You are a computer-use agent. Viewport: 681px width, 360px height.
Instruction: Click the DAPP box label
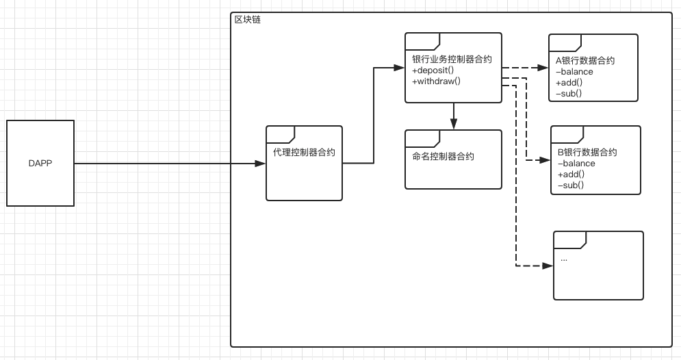coord(40,164)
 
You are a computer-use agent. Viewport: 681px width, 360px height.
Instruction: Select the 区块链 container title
coord(248,20)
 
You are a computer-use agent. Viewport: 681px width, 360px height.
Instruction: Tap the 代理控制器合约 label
coord(304,153)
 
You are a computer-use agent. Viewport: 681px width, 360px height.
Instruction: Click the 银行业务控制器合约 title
coord(452,59)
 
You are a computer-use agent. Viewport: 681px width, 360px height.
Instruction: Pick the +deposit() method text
coord(433,70)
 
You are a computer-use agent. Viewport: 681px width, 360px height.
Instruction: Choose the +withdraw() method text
coord(437,81)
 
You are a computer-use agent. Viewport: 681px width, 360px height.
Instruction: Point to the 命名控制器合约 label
coord(443,156)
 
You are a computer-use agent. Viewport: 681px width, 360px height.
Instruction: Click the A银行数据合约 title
coord(585,60)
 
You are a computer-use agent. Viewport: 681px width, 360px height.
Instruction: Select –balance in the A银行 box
coord(574,72)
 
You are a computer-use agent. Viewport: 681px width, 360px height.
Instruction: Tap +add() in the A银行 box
coord(569,83)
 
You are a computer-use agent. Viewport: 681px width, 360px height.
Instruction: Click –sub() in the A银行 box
coord(569,93)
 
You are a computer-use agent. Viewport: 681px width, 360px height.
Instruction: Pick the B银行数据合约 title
coord(587,152)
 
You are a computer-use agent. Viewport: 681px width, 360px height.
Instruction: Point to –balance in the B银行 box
coord(576,164)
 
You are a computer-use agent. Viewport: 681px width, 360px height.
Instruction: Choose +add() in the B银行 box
coord(571,174)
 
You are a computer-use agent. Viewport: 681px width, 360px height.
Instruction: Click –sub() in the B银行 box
coord(571,185)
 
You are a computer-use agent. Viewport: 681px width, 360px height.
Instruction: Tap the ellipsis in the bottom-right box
coord(564,259)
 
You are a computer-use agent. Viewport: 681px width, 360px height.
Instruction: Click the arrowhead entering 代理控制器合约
coord(260,164)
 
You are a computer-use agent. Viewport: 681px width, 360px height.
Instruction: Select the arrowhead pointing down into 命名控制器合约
coord(453,124)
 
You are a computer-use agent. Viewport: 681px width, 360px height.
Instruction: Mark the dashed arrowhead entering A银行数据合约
coord(543,68)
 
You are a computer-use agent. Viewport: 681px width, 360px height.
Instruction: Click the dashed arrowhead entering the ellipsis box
coord(548,266)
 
